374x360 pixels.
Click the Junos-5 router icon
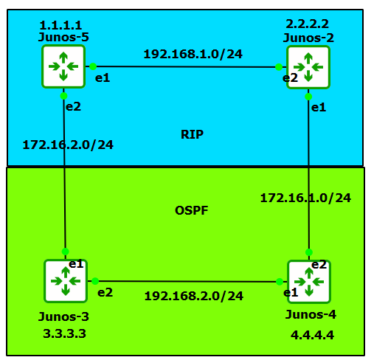point(63,66)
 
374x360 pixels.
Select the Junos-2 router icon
point(308,67)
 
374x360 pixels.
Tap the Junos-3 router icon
point(66,280)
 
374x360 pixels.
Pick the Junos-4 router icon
point(309,281)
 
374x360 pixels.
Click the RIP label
point(192,134)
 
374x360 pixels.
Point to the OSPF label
point(192,210)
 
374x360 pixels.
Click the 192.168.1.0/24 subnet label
point(193,54)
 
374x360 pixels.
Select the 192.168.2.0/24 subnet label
point(193,296)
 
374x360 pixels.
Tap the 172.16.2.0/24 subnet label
point(68,144)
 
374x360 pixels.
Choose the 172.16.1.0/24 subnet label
point(305,197)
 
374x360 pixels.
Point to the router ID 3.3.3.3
point(65,333)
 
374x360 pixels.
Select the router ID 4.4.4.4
point(312,335)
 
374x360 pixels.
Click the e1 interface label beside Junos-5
point(103,77)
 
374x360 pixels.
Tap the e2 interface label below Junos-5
point(73,106)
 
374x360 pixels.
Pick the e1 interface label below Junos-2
point(318,108)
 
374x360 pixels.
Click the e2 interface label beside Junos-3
point(105,292)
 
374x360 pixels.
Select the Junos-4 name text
point(311,315)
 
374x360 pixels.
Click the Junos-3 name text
point(64,316)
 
